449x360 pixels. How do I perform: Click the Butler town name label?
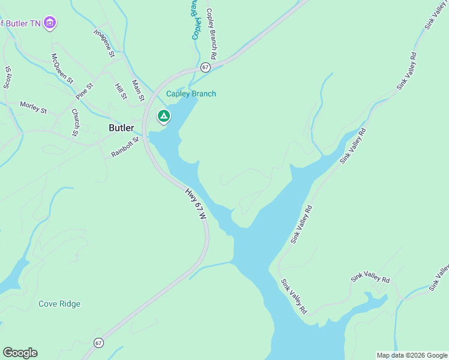[121, 128]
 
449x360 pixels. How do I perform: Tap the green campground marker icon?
[163, 116]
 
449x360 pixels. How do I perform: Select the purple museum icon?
[50, 23]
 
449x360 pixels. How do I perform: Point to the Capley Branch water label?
[191, 94]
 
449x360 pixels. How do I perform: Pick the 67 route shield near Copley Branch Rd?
[205, 67]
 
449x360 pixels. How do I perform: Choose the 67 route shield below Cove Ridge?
[98, 343]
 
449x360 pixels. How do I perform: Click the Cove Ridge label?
[59, 304]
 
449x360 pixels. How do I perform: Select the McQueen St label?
[62, 68]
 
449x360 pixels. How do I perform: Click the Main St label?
[139, 90]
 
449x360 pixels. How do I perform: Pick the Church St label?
[75, 122]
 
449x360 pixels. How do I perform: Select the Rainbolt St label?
[125, 147]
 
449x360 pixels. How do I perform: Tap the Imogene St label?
[104, 43]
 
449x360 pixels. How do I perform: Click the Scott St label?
[7, 77]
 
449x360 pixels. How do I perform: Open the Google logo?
[20, 353]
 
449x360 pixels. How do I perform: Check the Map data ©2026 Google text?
[412, 355]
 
